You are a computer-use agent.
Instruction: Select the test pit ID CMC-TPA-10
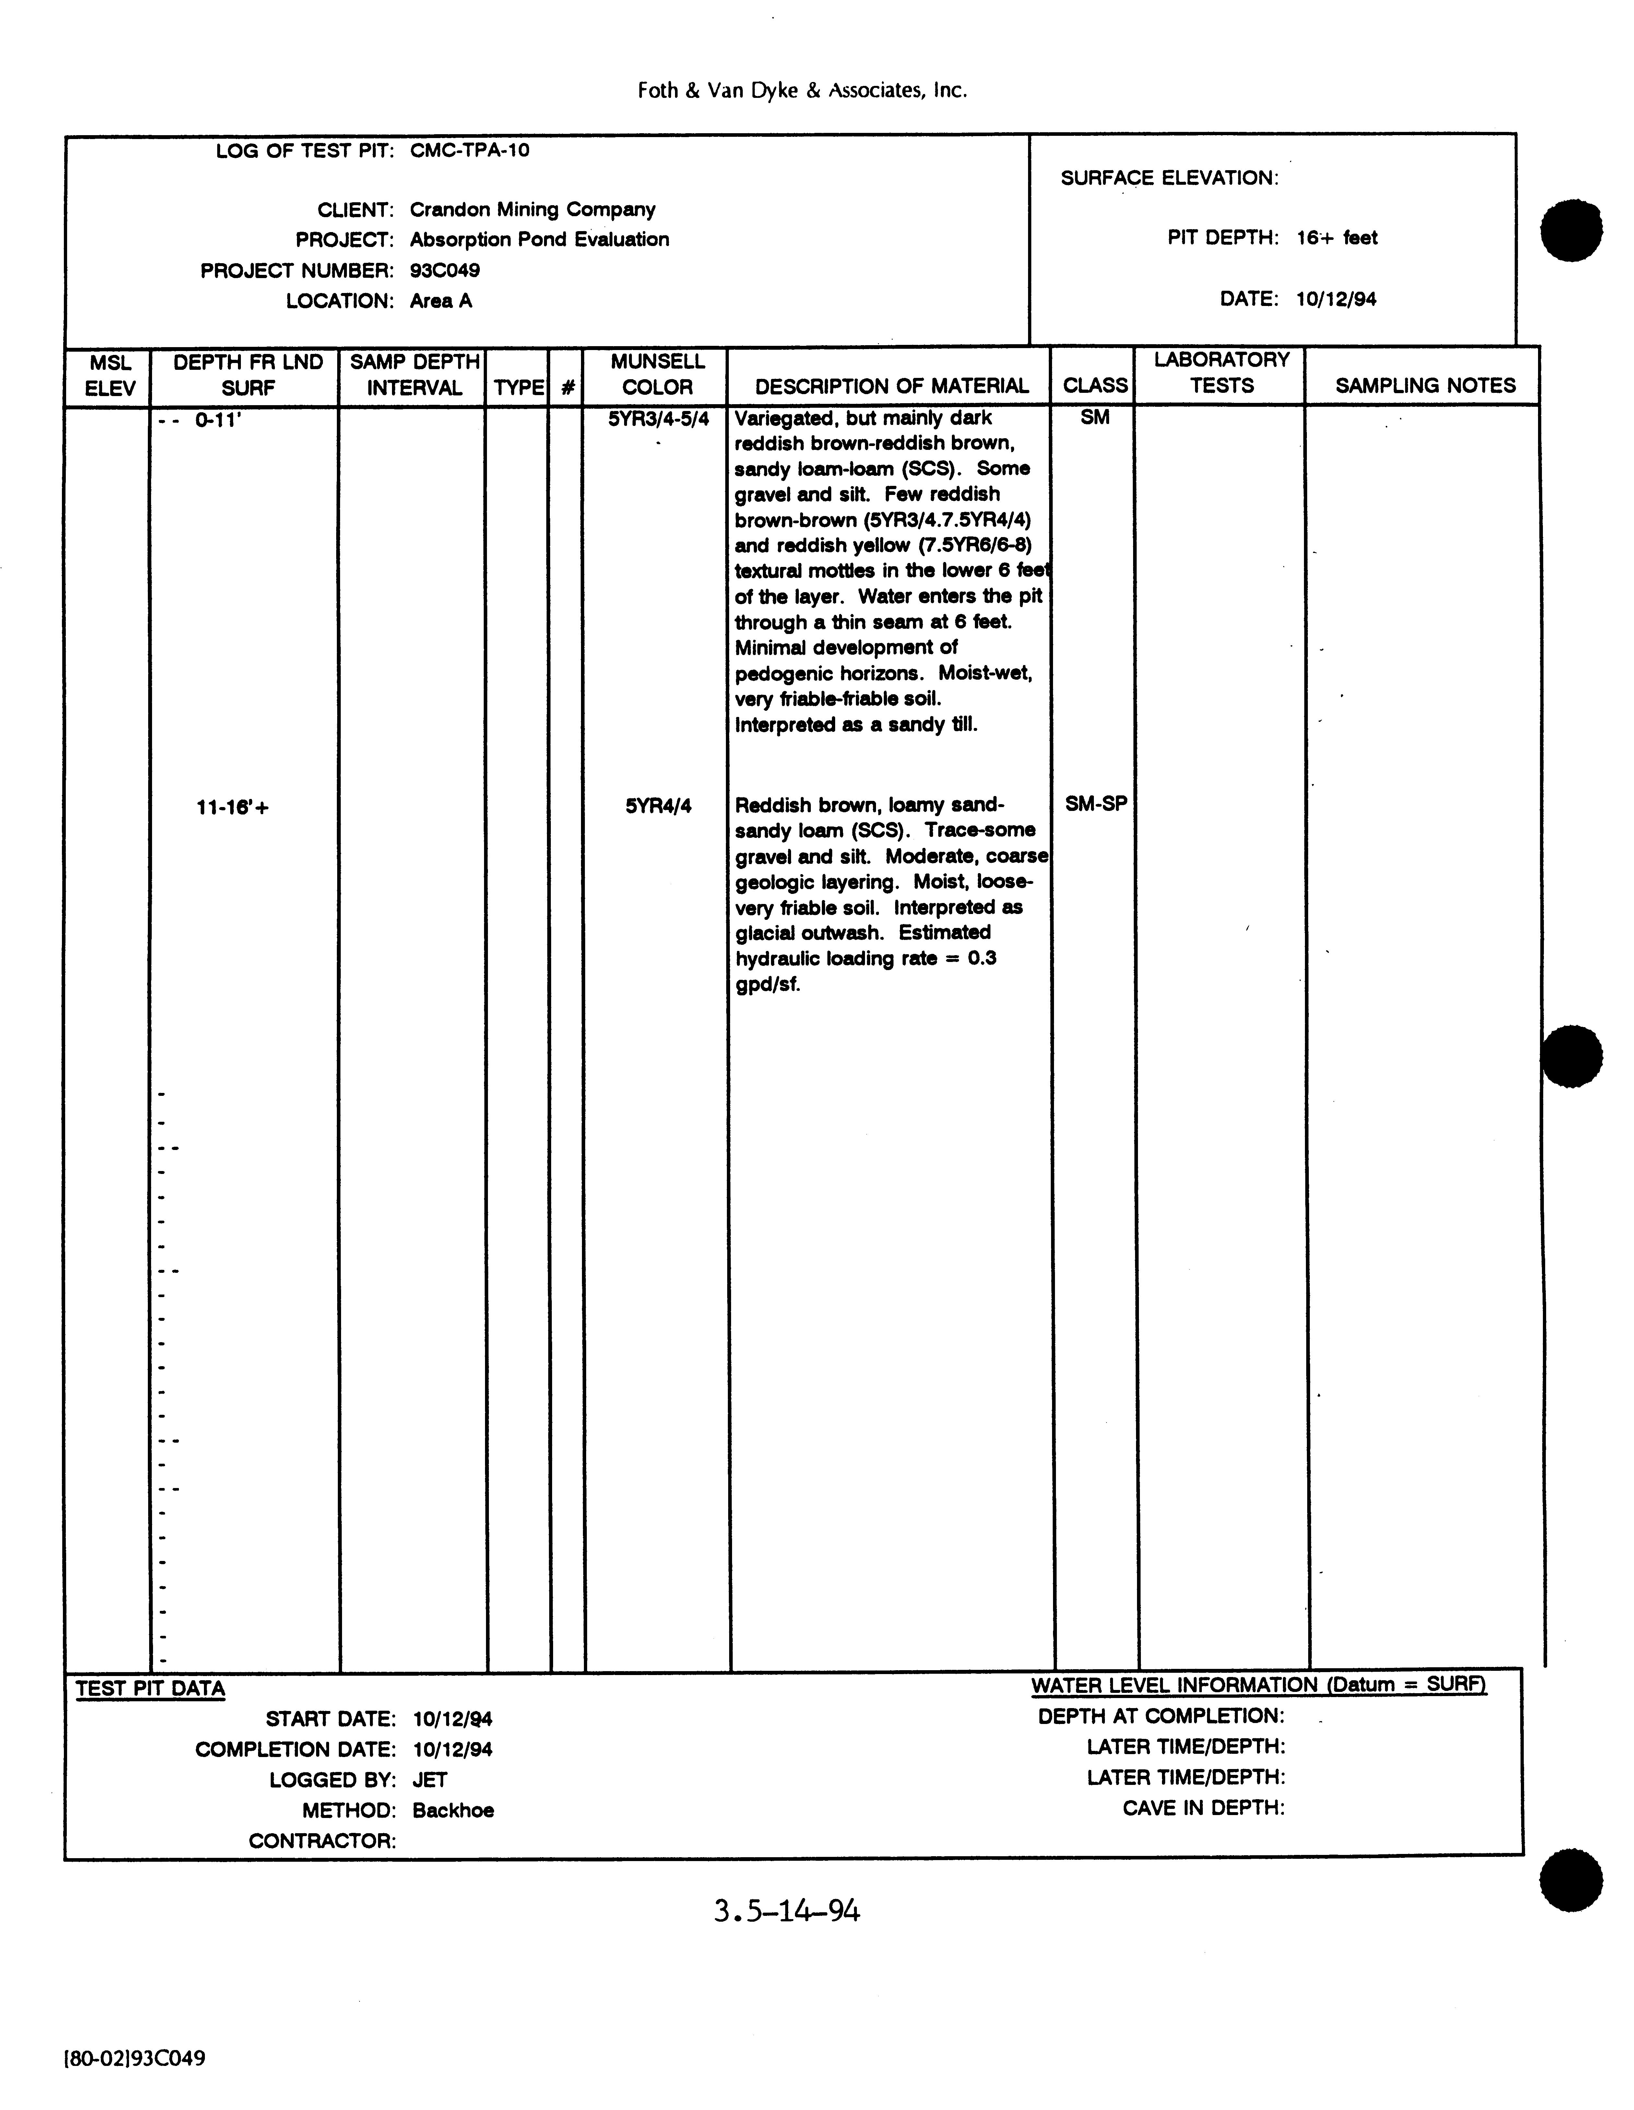[x=470, y=151]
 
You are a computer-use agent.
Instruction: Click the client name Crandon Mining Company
[x=532, y=210]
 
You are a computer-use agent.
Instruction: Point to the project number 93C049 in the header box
[x=444, y=271]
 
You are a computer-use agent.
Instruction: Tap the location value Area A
[x=441, y=301]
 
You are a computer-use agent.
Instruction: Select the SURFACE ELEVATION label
[x=1169, y=178]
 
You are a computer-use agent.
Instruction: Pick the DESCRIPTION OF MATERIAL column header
[x=891, y=386]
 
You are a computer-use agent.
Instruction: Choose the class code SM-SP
[x=1096, y=804]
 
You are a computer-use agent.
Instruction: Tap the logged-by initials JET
[x=429, y=1780]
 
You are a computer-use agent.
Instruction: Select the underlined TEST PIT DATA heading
[x=150, y=1689]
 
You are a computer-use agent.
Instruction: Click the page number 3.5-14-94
[x=787, y=1911]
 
